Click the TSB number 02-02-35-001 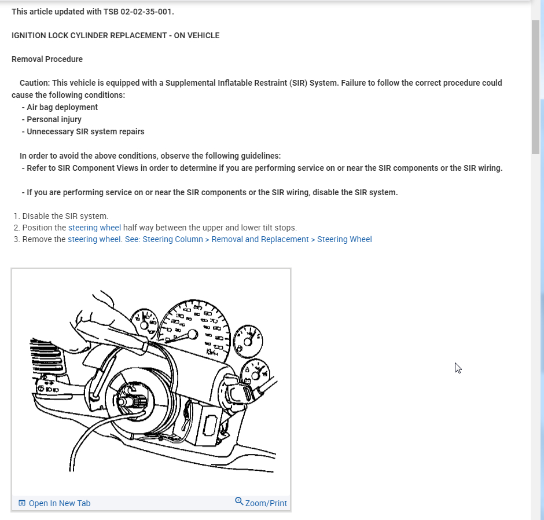point(147,12)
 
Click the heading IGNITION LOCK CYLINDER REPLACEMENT point(115,35)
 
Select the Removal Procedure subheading point(47,59)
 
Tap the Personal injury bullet point(54,119)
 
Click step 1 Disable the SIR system point(65,216)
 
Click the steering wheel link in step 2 point(94,228)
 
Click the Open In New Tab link point(60,503)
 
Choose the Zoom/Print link point(266,503)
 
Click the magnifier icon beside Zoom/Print point(239,501)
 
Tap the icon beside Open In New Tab point(22,503)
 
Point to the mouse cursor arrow point(457,367)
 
